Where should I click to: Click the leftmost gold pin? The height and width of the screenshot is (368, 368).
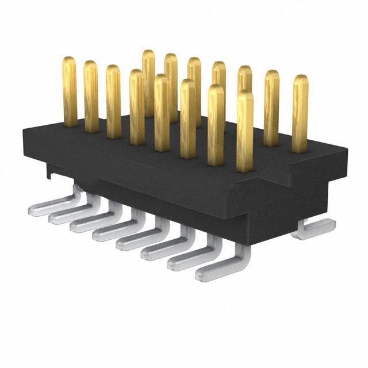[70, 92]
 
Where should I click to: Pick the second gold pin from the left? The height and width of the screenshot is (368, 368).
[91, 97]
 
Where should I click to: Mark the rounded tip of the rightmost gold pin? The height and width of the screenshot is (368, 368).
[300, 80]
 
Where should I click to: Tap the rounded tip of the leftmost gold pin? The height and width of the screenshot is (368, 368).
[70, 62]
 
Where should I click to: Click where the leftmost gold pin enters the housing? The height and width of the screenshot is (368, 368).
[70, 124]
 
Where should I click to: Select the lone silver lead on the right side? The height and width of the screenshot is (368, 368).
[313, 230]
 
